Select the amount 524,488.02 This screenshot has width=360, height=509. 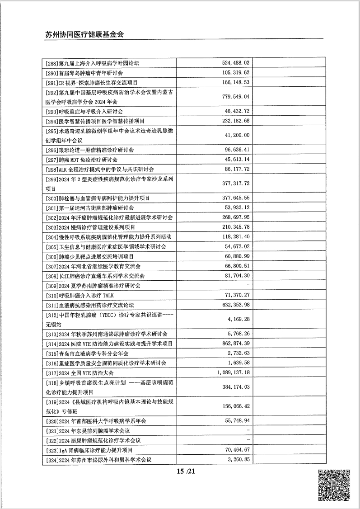(x=236, y=63)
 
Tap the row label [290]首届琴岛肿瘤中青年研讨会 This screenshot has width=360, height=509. (x=85, y=72)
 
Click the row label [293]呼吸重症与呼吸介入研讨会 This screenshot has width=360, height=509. (x=85, y=111)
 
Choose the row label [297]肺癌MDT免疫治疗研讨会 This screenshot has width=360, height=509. (x=82, y=159)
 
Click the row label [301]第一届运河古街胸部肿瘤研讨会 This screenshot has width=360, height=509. (x=90, y=207)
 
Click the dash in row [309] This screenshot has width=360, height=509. (x=248, y=285)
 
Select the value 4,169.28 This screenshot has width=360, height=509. (x=238, y=319)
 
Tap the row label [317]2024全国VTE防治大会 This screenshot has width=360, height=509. (x=80, y=373)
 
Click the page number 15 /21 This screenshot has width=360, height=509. (x=186, y=471)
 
